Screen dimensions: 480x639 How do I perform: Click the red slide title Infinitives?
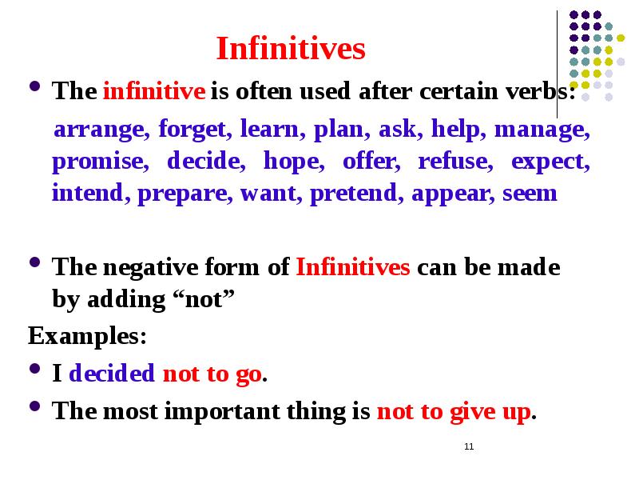click(291, 50)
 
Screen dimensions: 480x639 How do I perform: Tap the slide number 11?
click(469, 446)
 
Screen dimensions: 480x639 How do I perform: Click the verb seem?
click(530, 194)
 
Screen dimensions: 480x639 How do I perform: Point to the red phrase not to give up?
click(453, 412)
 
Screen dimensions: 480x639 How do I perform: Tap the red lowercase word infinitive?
click(154, 91)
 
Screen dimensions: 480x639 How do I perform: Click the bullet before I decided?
click(34, 372)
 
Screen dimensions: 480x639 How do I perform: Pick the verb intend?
click(87, 194)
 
